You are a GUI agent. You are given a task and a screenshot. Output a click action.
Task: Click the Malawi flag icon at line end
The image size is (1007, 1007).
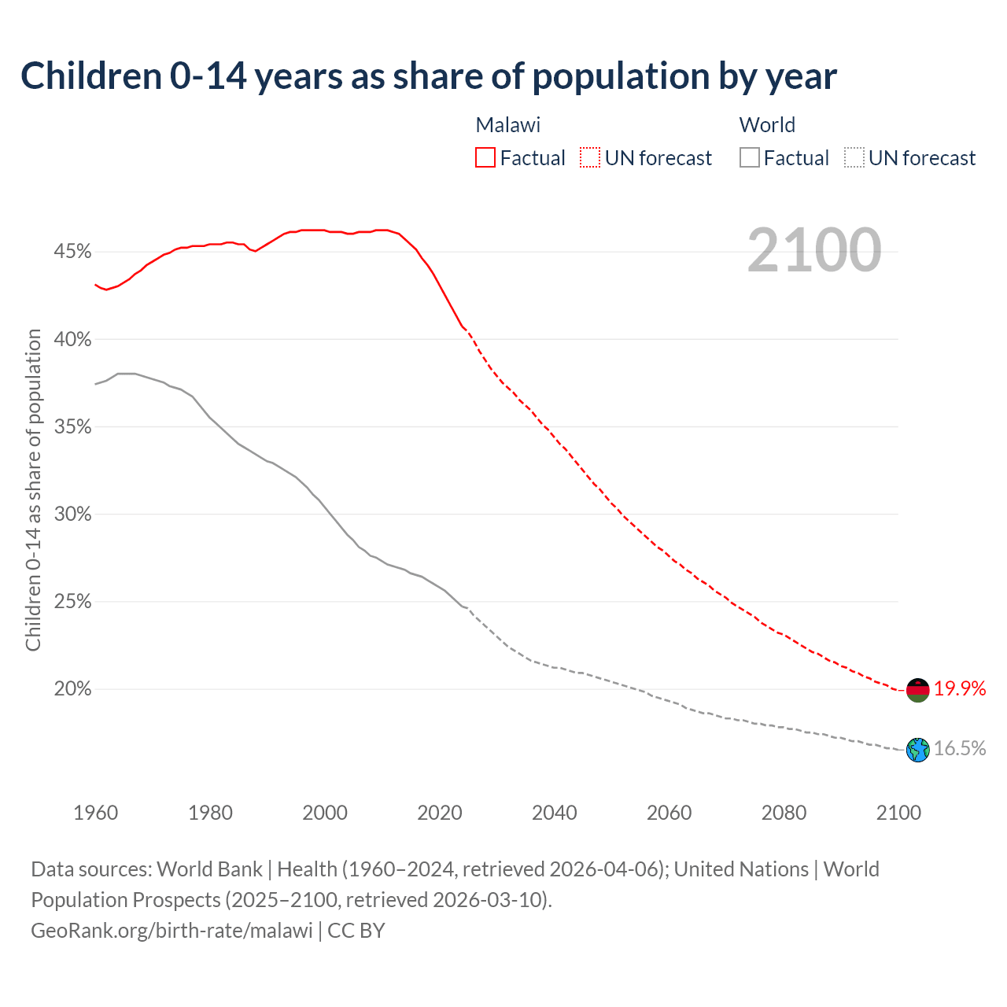click(x=917, y=690)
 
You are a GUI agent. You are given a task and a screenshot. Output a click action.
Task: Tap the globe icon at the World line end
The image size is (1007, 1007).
click(x=917, y=750)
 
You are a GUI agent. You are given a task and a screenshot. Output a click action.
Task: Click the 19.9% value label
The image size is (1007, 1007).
click(x=960, y=689)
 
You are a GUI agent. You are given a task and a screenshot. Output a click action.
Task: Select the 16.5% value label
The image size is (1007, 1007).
click(x=960, y=748)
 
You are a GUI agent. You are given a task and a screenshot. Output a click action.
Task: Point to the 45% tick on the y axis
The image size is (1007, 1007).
click(x=72, y=252)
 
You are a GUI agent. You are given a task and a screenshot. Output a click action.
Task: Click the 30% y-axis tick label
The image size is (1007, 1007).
click(x=72, y=515)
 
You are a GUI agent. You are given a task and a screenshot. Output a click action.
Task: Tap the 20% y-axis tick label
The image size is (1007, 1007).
click(x=72, y=689)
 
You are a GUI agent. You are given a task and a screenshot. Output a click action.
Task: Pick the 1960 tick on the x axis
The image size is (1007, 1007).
click(x=96, y=813)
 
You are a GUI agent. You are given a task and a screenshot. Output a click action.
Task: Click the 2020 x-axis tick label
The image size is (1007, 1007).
click(x=440, y=813)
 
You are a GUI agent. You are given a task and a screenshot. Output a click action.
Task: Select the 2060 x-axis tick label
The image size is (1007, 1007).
click(x=669, y=813)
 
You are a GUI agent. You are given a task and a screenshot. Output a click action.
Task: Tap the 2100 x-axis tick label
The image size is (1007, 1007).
click(x=898, y=813)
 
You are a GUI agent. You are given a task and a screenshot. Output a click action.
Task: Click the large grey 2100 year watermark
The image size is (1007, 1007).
click(x=814, y=250)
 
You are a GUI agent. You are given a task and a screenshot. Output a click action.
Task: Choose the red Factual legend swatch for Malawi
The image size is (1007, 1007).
click(x=485, y=158)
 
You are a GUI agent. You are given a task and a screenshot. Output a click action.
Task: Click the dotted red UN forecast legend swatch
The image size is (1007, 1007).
click(x=590, y=158)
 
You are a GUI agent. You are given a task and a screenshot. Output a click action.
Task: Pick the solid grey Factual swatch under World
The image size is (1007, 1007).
click(x=749, y=158)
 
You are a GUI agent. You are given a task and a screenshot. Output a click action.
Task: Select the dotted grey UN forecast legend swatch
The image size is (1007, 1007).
click(x=854, y=158)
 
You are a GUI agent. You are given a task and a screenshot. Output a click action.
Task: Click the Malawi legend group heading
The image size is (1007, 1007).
click(x=508, y=125)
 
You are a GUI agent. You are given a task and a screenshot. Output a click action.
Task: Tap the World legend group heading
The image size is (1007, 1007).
click(x=767, y=125)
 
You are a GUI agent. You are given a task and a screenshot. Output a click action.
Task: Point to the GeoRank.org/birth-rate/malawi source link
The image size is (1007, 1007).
click(x=172, y=931)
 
